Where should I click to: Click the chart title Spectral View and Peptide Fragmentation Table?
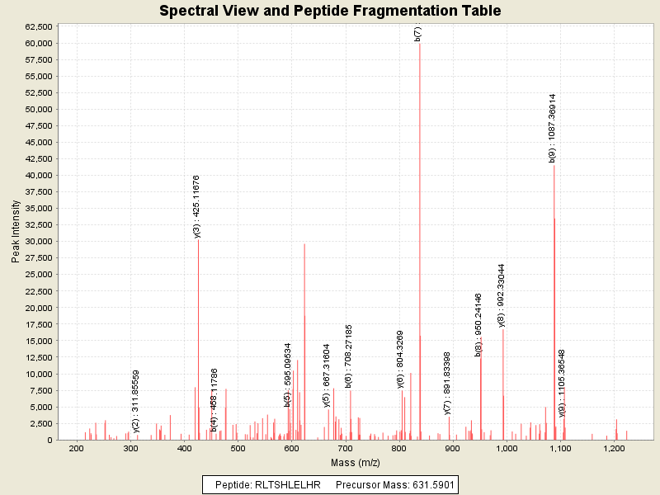coord(330,12)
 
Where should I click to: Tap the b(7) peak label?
coord(418,34)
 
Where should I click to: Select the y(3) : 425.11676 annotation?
coord(197,207)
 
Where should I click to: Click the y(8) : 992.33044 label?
coord(502,295)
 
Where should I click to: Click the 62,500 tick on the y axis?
coord(40,26)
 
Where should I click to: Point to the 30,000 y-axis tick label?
coord(40,242)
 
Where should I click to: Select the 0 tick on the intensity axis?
coord(50,440)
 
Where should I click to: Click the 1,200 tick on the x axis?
coord(613,448)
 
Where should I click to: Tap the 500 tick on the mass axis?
coord(238,448)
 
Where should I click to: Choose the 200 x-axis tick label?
coord(77,448)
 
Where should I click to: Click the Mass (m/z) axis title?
coord(356,462)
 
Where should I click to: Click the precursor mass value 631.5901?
coord(428,484)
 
